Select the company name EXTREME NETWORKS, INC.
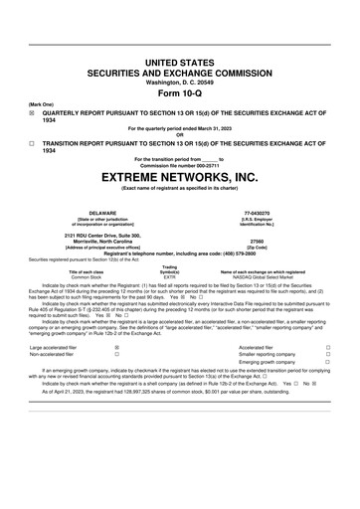179,178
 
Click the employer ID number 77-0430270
258,213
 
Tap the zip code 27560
258,241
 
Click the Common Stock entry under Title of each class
86,277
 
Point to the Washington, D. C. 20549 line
179,82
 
